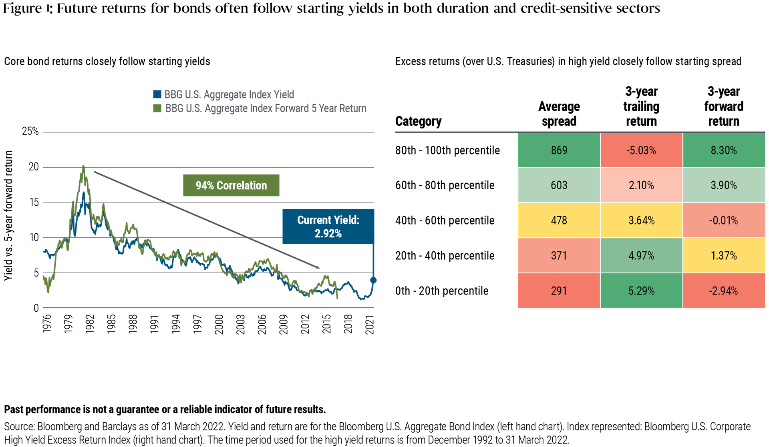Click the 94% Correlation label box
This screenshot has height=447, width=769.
[x=231, y=185]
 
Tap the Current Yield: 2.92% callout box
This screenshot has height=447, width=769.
[x=328, y=227]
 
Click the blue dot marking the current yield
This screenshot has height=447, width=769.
[x=373, y=280]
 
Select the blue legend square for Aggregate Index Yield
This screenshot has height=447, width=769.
[x=157, y=94]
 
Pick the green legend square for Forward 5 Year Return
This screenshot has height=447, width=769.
[x=157, y=108]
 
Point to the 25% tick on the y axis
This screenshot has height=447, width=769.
[x=30, y=131]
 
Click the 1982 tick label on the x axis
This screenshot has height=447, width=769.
[x=90, y=324]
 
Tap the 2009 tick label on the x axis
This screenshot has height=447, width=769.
[x=284, y=324]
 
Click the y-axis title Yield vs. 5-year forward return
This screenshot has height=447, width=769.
[x=9, y=216]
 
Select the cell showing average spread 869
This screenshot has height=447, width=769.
[x=559, y=150]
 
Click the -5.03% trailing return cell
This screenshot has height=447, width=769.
[x=641, y=150]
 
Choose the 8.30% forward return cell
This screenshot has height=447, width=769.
[x=723, y=150]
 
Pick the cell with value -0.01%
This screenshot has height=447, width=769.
[x=723, y=220]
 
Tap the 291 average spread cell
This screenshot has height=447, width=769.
[x=559, y=291]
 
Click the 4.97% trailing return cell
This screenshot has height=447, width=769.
[x=641, y=255]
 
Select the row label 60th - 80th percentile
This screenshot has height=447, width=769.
[x=445, y=185]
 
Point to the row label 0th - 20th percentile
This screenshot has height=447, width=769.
[x=442, y=291]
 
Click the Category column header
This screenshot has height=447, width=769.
[x=418, y=121]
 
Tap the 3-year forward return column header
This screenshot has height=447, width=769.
[x=723, y=106]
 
